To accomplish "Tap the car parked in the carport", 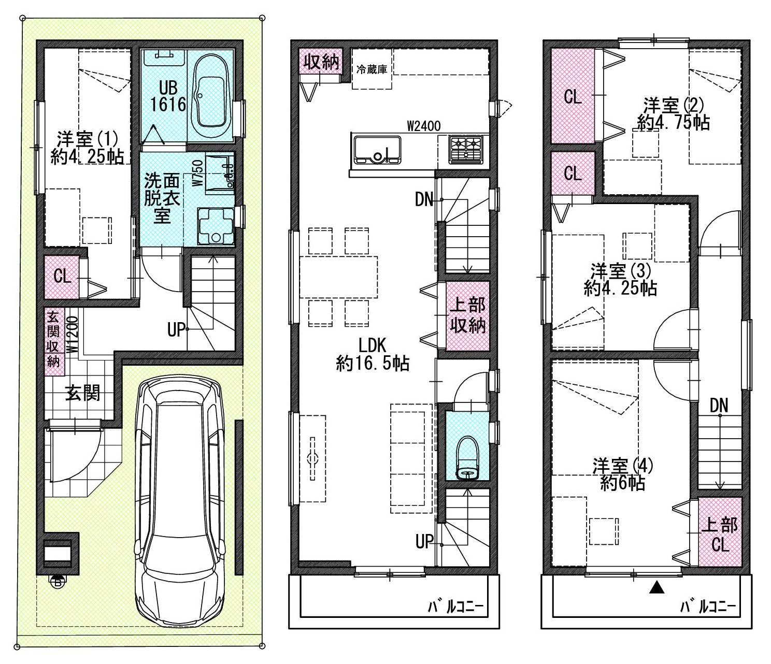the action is tap(180, 500).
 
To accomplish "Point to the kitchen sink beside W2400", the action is tap(378, 150).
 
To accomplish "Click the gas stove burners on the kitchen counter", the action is tap(465, 149).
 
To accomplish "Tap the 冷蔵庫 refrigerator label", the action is tap(372, 69).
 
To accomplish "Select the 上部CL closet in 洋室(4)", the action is tap(720, 532).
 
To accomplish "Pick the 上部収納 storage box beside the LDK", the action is tap(468, 316).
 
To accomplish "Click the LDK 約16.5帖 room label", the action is tap(372, 354).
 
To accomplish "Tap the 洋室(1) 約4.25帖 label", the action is tap(87, 148).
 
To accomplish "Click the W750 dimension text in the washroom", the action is tap(198, 172).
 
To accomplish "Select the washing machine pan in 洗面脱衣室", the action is tap(216, 225).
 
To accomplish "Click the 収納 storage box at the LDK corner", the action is tap(321, 61).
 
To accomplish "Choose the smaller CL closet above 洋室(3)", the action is tap(573, 173).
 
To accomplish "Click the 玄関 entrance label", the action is tap(82, 393).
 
